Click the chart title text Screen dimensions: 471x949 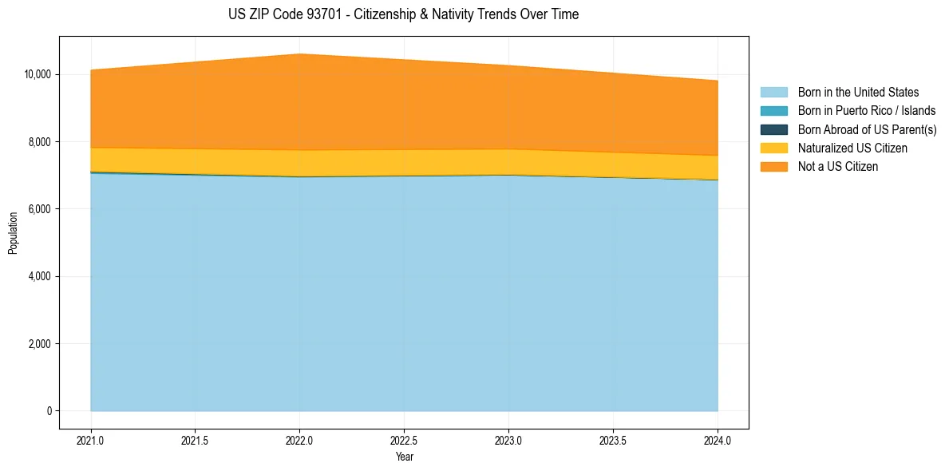click(403, 14)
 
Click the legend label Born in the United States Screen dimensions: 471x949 click(858, 93)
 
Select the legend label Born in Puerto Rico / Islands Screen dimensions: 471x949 click(866, 111)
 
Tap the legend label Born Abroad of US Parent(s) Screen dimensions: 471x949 click(867, 129)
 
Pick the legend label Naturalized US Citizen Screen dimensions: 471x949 click(852, 148)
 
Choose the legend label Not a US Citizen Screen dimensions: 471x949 click(837, 166)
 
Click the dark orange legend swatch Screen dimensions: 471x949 click(773, 166)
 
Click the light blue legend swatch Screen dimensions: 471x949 click(773, 93)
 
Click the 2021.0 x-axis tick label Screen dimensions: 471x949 click(91, 440)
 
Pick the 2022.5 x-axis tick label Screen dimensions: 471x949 click(404, 440)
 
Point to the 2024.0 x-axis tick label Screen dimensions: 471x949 click(718, 440)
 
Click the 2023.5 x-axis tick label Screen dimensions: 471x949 click(613, 440)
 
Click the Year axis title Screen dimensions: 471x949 click(404, 457)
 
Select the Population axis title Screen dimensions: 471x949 click(13, 233)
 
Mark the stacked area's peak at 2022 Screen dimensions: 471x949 click(299, 54)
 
